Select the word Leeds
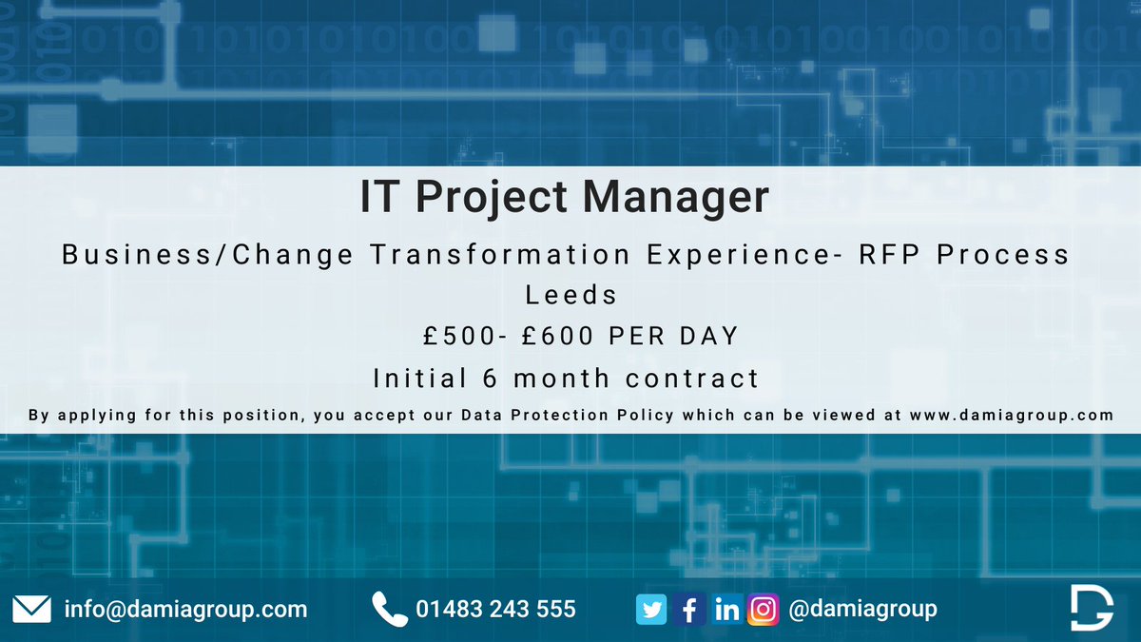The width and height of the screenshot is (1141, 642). tap(570, 295)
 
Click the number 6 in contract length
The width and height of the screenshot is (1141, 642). tap(491, 378)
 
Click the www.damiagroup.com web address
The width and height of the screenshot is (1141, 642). tap(1010, 416)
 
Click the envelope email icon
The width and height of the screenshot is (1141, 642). tap(32, 609)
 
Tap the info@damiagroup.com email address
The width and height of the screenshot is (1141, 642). tap(185, 609)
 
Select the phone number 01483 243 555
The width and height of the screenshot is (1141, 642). tap(495, 609)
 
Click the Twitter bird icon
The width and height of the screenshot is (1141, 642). tap(652, 610)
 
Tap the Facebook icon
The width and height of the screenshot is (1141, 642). tap(689, 610)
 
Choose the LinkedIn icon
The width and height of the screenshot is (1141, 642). tap(726, 610)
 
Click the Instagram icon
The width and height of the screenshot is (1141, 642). tap(763, 610)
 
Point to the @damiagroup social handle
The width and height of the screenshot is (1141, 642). tap(862, 609)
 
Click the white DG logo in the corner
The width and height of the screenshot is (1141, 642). tap(1091, 608)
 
